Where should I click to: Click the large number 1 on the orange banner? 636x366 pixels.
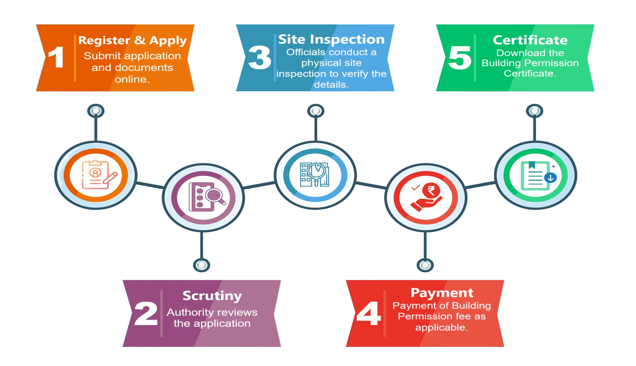coord(56,57)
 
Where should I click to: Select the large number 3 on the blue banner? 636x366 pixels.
coord(259,58)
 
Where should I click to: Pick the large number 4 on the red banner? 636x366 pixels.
coord(369,313)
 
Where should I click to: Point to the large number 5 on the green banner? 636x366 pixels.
coord(459,58)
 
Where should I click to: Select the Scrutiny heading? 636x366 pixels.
coord(212,296)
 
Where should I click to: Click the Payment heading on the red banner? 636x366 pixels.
coord(442,293)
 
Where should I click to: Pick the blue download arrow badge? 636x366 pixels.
coord(550,178)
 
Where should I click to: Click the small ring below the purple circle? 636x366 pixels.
coord(202,265)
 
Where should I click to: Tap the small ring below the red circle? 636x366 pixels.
coord(425,265)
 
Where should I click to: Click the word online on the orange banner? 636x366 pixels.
coord(132,79)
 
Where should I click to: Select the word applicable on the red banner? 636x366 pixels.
coord(442,328)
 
